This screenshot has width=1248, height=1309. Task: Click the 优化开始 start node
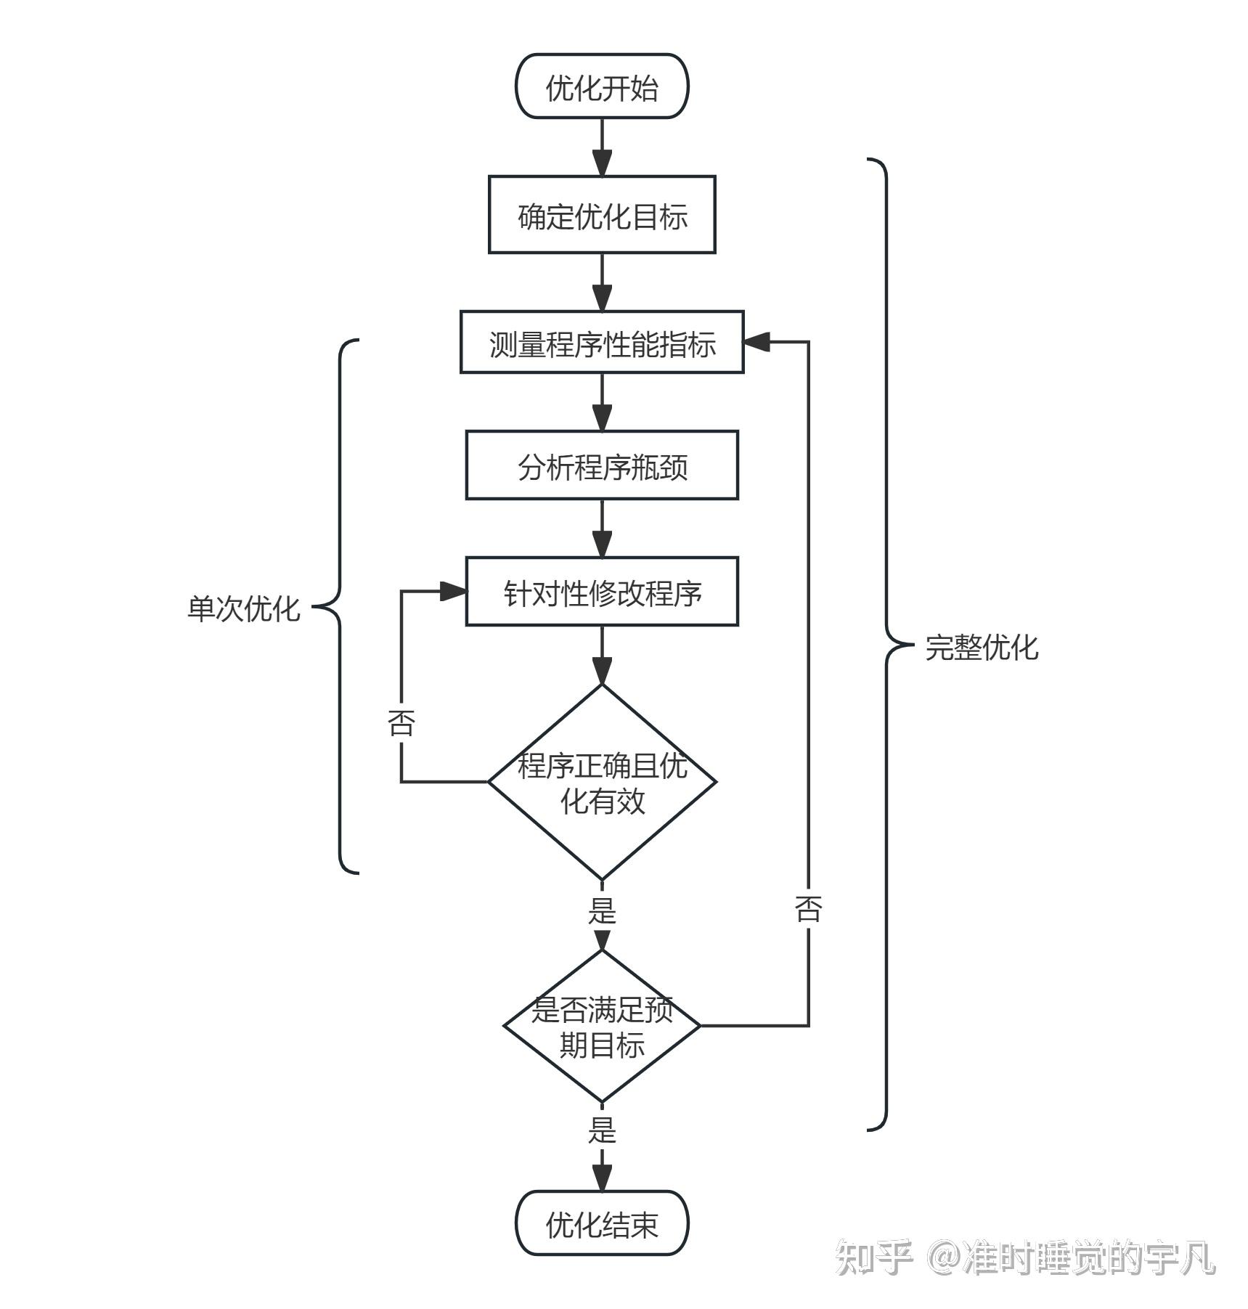(601, 86)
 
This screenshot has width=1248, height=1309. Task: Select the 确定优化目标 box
(601, 215)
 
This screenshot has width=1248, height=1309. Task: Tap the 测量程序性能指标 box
(601, 343)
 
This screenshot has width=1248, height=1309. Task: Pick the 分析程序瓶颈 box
(601, 465)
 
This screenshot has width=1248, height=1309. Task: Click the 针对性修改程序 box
(601, 592)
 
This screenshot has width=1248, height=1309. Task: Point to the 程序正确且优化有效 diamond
(601, 783)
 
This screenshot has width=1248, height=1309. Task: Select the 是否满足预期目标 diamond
(601, 1026)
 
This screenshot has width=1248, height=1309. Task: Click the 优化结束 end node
(601, 1224)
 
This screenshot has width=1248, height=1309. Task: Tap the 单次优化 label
(243, 608)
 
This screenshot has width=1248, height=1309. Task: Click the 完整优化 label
(982, 647)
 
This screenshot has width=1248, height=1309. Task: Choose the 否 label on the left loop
(401, 723)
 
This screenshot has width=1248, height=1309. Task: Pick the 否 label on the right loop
(808, 908)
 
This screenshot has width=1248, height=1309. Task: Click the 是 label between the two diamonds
(601, 910)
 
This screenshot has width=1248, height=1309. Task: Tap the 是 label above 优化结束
(601, 1130)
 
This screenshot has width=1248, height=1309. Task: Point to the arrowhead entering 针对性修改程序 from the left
(453, 592)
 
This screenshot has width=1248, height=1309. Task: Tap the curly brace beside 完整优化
(886, 645)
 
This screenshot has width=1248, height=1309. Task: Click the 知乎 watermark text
(873, 1258)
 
